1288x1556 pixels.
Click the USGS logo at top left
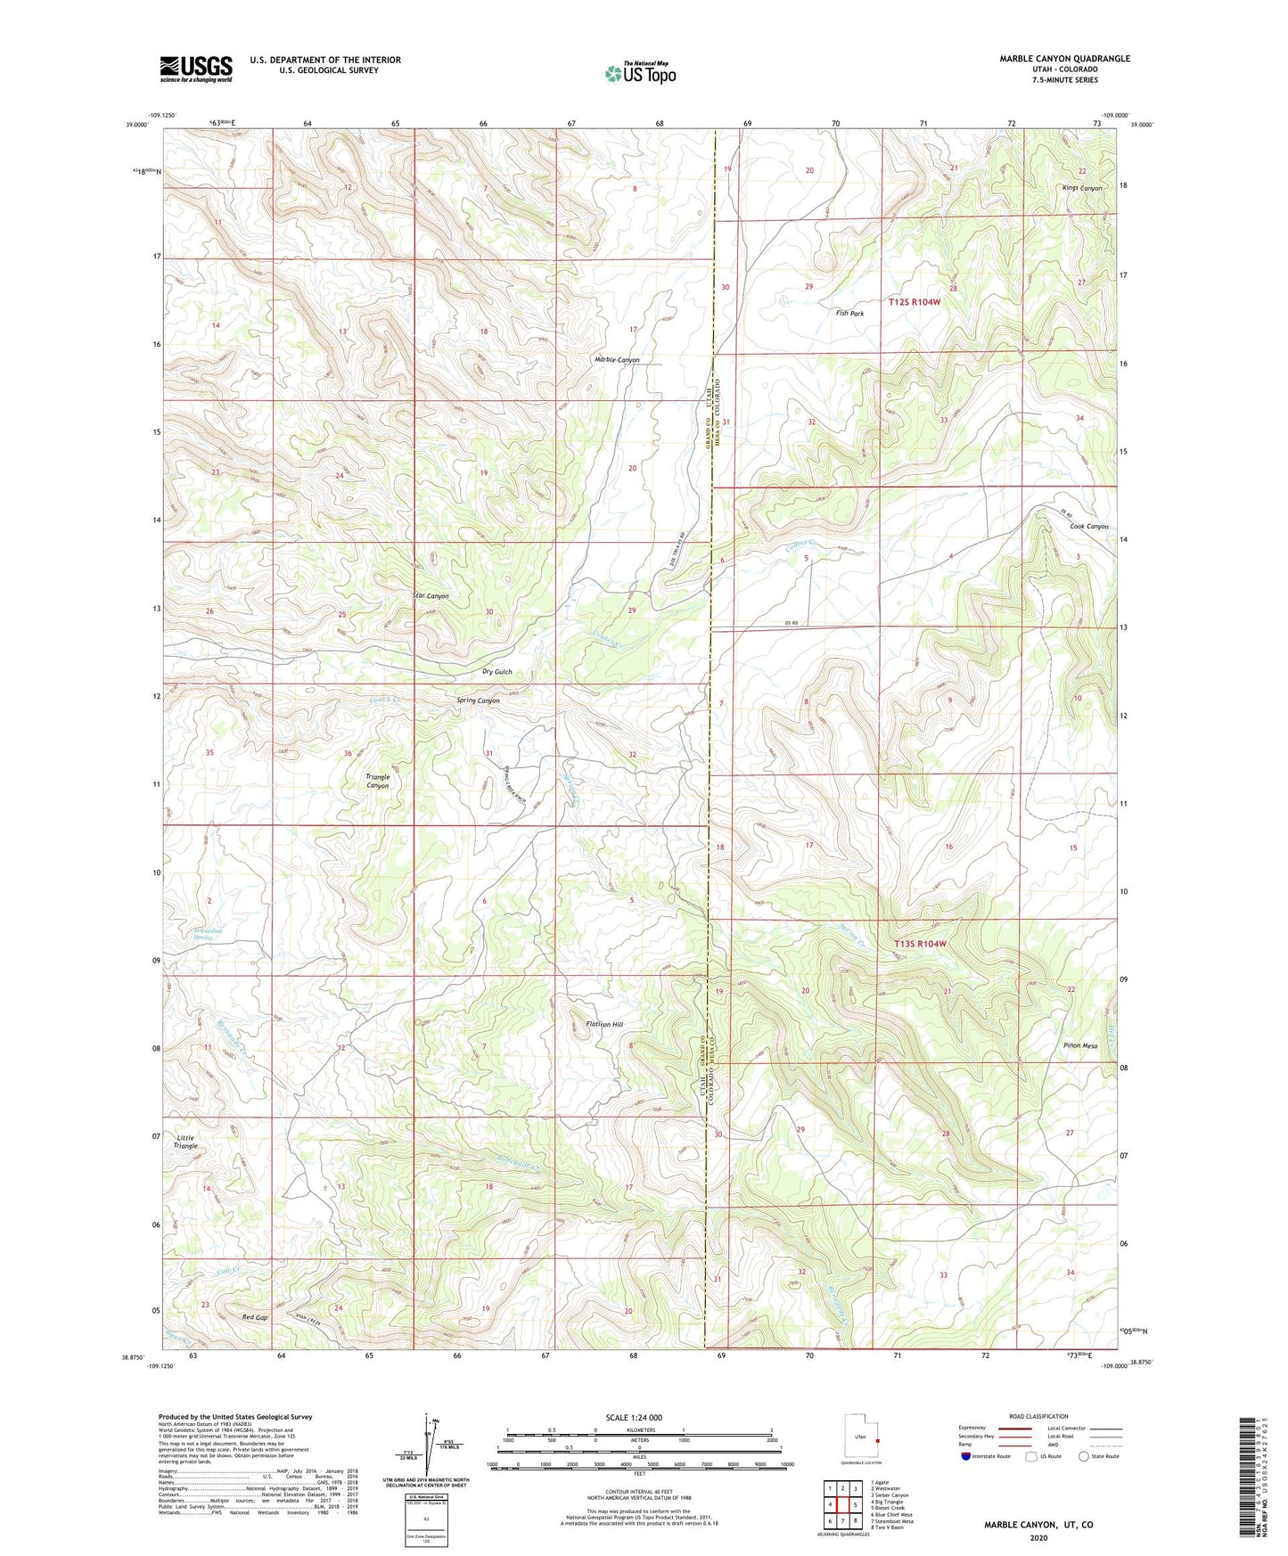[x=195, y=69]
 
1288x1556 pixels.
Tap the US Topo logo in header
[x=639, y=74]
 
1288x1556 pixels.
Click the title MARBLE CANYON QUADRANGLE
[x=1064, y=59]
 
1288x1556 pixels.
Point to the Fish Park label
[x=849, y=314]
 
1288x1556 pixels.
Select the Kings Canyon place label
[x=1081, y=188]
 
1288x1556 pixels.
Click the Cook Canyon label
[x=1088, y=527]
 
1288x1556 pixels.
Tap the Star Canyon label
[x=431, y=595]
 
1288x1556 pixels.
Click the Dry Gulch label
[x=497, y=671]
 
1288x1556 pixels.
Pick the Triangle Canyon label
[x=377, y=782]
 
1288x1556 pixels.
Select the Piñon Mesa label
[x=1079, y=1045]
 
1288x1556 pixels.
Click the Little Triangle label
[x=186, y=1142]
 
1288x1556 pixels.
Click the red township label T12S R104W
[x=914, y=302]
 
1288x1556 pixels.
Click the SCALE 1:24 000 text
[x=633, y=1418]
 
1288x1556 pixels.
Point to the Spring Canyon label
[x=478, y=700]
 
